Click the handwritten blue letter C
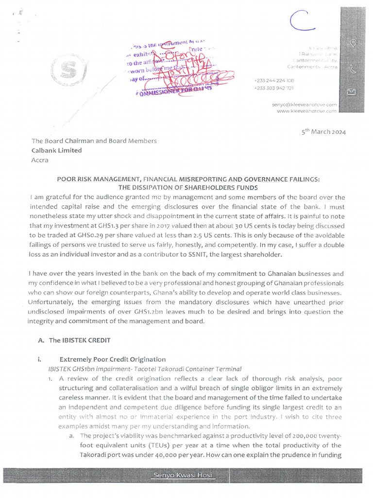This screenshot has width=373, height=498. pos(301,21)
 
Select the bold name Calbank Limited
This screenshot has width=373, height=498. pos(57,150)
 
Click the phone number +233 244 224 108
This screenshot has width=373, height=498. pos(274,80)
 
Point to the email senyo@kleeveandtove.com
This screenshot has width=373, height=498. pos(305,105)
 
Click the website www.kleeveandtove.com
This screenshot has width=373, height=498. pos(306,111)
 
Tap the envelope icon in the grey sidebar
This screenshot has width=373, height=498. pos(353,92)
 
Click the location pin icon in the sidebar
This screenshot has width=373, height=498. pos(354,43)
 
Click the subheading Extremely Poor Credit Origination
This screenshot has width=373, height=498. pos(113,359)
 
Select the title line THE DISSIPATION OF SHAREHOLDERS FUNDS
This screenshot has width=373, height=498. pos(188,188)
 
